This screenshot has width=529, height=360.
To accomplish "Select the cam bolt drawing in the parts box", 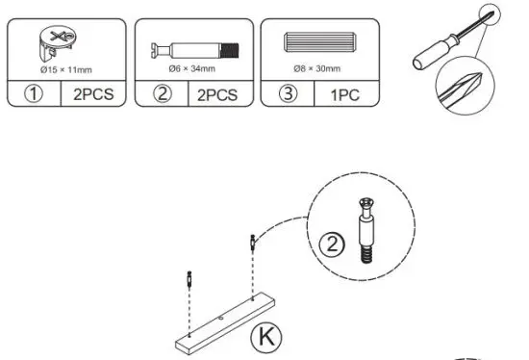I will coord(195,47).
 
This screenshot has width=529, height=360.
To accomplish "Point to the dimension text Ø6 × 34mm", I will coord(195,69).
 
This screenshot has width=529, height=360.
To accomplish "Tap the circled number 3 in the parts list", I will coord(287,95).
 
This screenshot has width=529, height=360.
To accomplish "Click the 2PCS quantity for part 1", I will coord(91,95).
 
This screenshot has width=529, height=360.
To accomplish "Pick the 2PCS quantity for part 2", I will coord(218,95).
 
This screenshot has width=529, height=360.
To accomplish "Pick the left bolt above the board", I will coord(189,283).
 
